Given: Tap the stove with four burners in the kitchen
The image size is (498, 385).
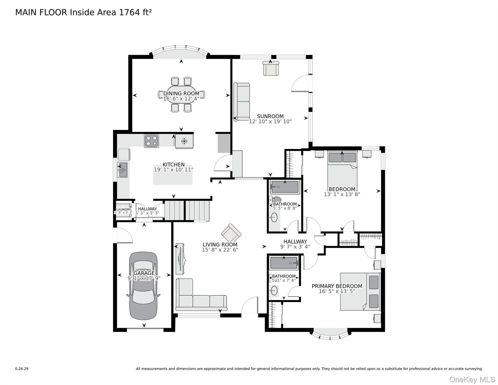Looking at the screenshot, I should click(151, 141).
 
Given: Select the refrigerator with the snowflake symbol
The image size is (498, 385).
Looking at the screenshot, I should click(184, 141).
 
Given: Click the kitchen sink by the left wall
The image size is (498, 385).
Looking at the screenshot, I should click(122, 170).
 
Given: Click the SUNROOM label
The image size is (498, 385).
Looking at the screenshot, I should click(270, 116).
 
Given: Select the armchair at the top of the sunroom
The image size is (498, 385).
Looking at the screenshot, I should click(271, 68).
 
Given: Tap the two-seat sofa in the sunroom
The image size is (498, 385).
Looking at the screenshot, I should click(242, 102).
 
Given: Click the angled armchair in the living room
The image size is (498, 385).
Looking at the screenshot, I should click(231, 233).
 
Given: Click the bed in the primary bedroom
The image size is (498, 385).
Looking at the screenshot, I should click(360, 292).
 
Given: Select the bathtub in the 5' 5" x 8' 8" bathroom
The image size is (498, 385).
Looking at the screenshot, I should click(285, 187).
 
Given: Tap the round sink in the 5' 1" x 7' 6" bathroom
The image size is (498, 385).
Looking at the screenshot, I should click(274, 291).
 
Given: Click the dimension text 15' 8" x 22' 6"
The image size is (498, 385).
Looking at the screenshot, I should click(220, 250).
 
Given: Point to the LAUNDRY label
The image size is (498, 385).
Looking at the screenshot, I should click(124, 210).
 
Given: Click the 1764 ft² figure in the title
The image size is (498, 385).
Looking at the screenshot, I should click(135, 12).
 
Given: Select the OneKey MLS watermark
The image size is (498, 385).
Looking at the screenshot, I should click(472, 379).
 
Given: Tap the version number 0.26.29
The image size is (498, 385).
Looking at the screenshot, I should click(22, 369).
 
